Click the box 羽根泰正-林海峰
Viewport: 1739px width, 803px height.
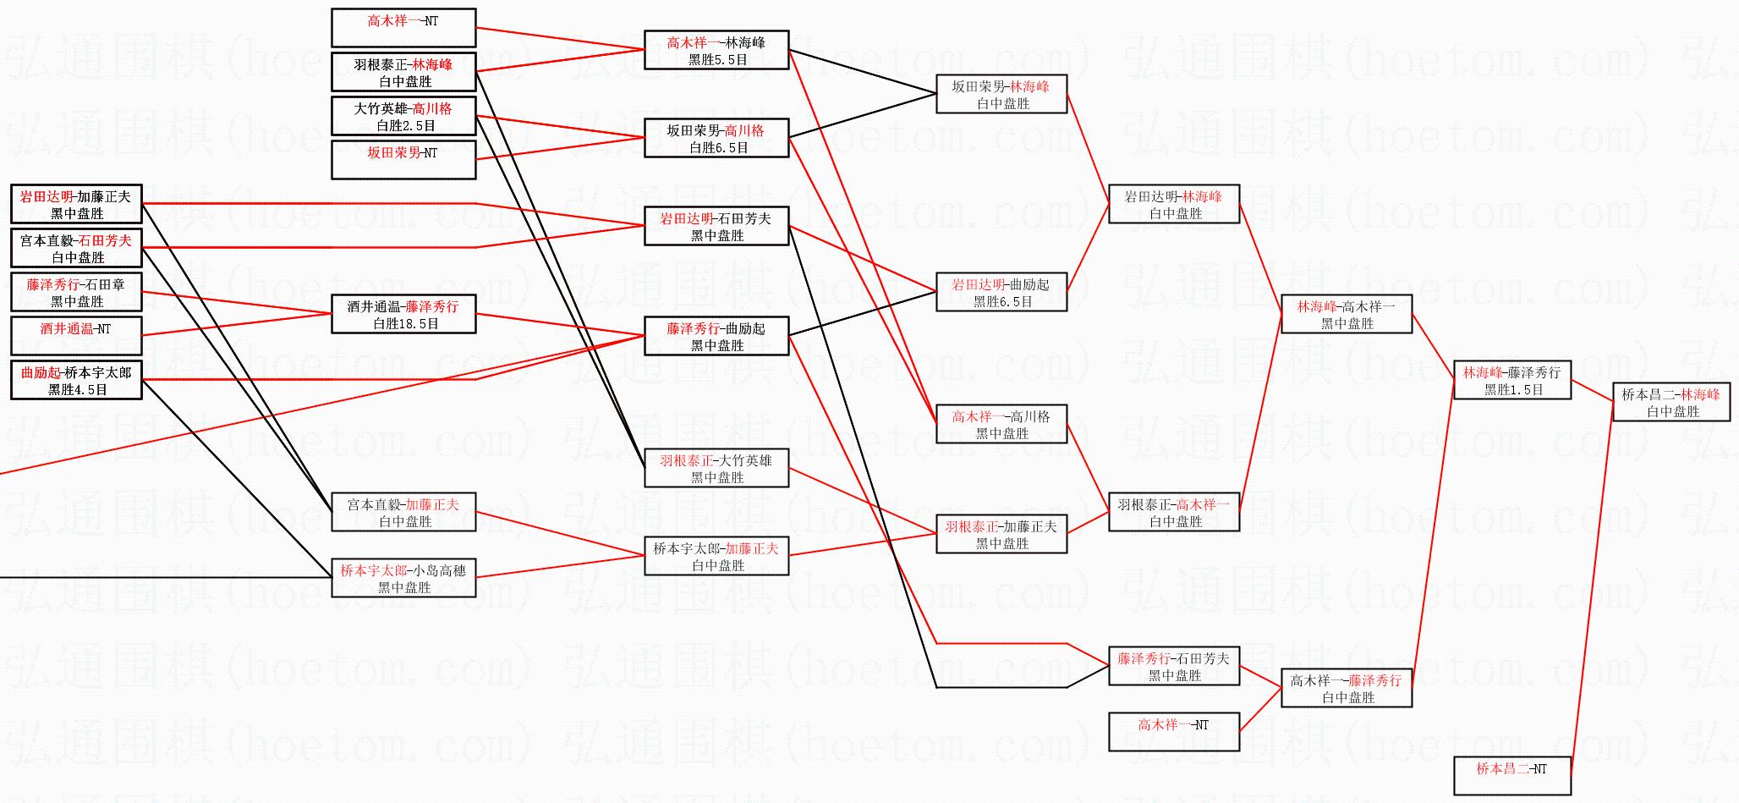coord(403,72)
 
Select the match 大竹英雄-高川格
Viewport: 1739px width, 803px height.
coord(403,116)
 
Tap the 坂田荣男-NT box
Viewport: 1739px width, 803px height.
coord(403,160)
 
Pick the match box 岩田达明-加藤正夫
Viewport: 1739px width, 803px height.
coord(76,204)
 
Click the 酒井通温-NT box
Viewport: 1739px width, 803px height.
coord(76,336)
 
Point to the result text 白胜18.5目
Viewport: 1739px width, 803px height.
coord(406,323)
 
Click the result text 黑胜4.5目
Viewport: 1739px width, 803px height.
coord(78,390)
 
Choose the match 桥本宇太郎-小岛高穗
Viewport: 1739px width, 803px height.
coord(403,578)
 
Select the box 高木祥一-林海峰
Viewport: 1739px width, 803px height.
coord(716,50)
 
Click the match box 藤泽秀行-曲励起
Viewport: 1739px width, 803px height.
coord(716,336)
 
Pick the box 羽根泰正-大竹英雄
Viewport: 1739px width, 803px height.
coord(716,468)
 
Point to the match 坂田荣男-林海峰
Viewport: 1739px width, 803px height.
coord(1001,94)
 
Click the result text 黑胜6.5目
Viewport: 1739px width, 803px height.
coord(1003,301)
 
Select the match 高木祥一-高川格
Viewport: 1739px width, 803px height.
coord(1001,424)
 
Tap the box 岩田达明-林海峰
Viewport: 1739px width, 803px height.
coord(1174,204)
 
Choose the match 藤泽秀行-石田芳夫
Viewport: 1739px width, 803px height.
coord(1174,666)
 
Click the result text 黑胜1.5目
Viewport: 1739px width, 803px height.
coord(1514,389)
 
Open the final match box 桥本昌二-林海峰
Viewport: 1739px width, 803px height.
coord(1671,402)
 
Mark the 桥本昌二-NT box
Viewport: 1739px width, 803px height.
coord(1512,776)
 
